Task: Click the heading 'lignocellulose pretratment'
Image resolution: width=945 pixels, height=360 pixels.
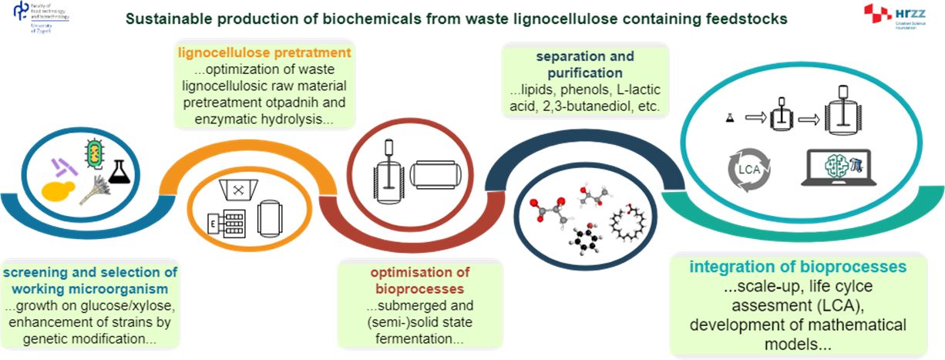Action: point(264,53)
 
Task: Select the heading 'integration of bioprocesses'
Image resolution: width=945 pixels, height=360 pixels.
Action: point(798,267)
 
